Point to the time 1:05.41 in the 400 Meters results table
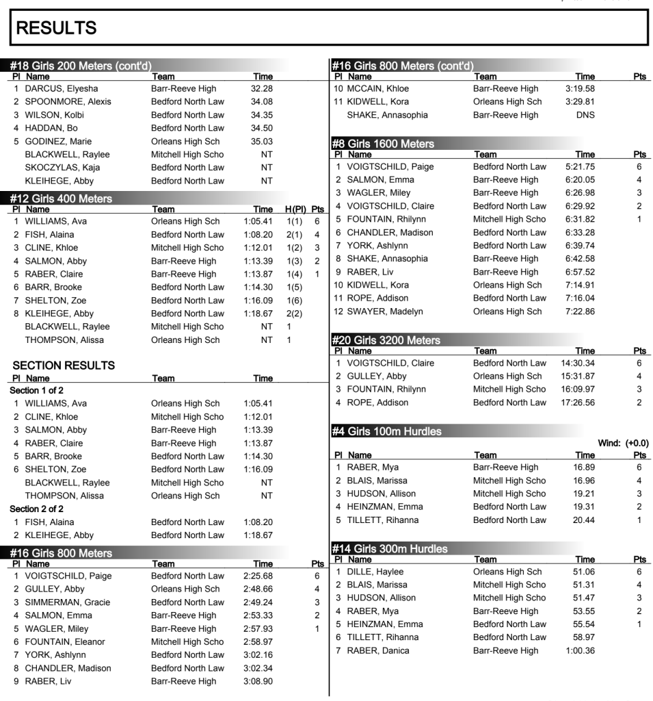coord(258,221)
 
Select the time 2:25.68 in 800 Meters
coord(258,576)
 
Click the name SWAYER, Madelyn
coord(385,311)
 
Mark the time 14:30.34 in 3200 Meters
coord(577,363)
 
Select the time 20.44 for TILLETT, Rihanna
coord(584,520)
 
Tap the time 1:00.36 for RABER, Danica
coord(580,650)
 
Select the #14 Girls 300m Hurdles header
coord(390,549)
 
